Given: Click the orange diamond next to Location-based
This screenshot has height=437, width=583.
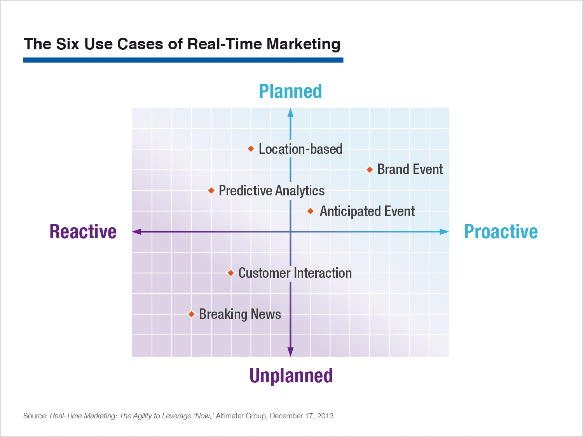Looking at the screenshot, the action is pyautogui.click(x=251, y=149).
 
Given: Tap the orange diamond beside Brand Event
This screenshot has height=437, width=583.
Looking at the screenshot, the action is pyautogui.click(x=370, y=169).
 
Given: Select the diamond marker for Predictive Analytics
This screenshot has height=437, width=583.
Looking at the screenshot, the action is pyautogui.click(x=211, y=190).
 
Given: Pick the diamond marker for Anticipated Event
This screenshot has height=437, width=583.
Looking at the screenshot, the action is pyautogui.click(x=310, y=211).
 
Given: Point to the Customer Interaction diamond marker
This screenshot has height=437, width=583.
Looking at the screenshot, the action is pyautogui.click(x=231, y=273).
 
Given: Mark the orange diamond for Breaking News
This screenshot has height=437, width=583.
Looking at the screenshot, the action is pyautogui.click(x=191, y=314).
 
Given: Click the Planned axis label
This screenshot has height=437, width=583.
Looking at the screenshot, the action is pyautogui.click(x=290, y=91).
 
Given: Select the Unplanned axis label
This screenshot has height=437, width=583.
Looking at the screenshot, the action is pyautogui.click(x=291, y=376).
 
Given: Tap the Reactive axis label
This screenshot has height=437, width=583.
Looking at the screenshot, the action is pyautogui.click(x=83, y=232).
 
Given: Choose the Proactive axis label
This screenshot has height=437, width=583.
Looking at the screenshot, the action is pyautogui.click(x=501, y=232).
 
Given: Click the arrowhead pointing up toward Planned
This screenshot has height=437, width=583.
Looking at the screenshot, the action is pyautogui.click(x=291, y=113).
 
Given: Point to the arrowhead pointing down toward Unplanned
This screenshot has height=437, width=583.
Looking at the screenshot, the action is pyautogui.click(x=291, y=352).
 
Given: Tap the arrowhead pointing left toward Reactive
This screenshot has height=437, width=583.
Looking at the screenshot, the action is pyautogui.click(x=136, y=232).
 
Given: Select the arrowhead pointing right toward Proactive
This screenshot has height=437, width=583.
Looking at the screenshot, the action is pyautogui.click(x=444, y=232).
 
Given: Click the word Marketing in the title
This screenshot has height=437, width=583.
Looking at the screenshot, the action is pyautogui.click(x=303, y=44).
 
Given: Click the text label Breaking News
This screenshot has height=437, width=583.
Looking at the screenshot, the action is pyautogui.click(x=240, y=314).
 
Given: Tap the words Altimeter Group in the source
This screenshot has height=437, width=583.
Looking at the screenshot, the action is pyautogui.click(x=241, y=416).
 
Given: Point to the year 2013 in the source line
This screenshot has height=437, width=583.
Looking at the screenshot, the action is pyautogui.click(x=325, y=416).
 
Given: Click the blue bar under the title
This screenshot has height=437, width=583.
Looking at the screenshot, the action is pyautogui.click(x=183, y=60).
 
